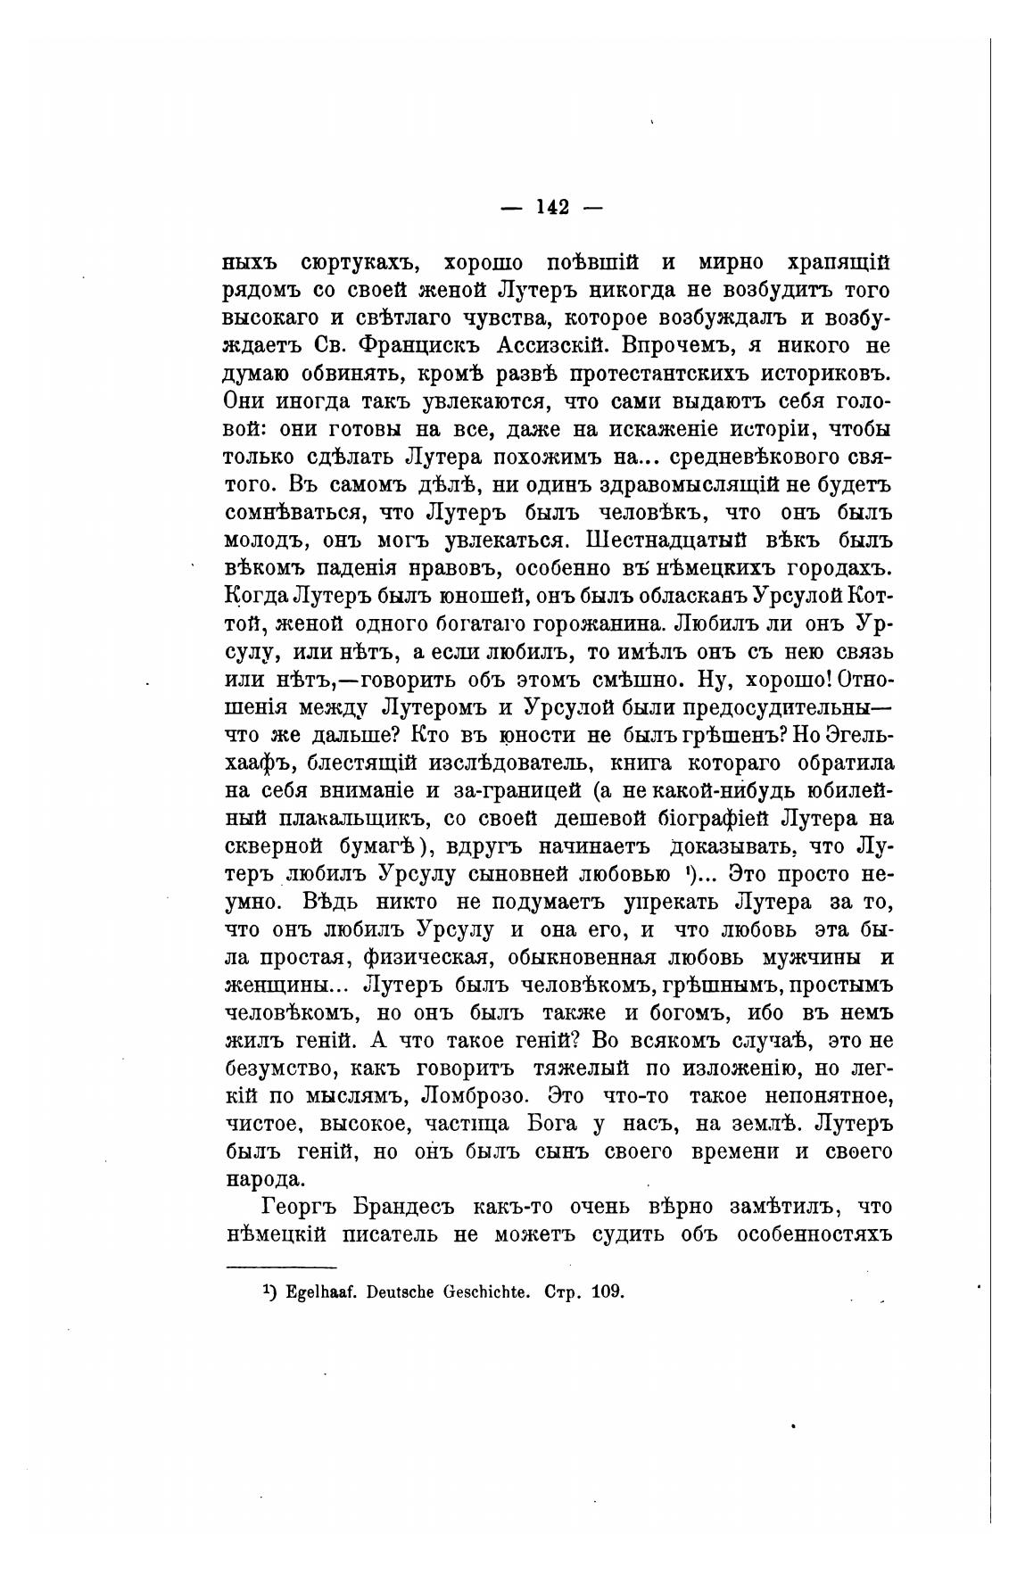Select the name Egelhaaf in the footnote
[323, 1291]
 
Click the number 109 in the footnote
[607, 1291]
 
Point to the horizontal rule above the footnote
[281, 1267]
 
